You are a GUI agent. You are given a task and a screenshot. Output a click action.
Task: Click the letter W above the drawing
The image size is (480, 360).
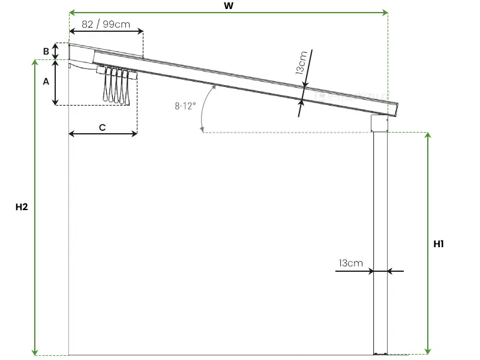[x=229, y=5]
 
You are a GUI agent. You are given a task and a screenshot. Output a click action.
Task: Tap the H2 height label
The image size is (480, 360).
[x=22, y=207]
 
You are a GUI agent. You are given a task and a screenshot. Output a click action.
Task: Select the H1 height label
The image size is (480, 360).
[x=439, y=244]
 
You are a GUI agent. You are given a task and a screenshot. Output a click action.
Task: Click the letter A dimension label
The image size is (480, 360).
[x=46, y=82]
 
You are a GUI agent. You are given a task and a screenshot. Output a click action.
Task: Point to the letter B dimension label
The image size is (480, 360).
[x=46, y=52]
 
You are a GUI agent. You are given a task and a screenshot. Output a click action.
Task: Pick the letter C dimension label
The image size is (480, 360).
[x=102, y=127]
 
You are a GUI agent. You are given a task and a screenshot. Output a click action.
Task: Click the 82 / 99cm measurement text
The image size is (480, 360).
[x=106, y=24]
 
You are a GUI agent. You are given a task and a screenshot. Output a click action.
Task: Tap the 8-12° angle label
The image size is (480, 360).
[x=185, y=106]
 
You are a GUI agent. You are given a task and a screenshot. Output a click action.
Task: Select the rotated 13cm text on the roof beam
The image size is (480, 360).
[x=302, y=63]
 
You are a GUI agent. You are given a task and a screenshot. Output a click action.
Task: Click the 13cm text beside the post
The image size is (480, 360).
[x=351, y=263]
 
